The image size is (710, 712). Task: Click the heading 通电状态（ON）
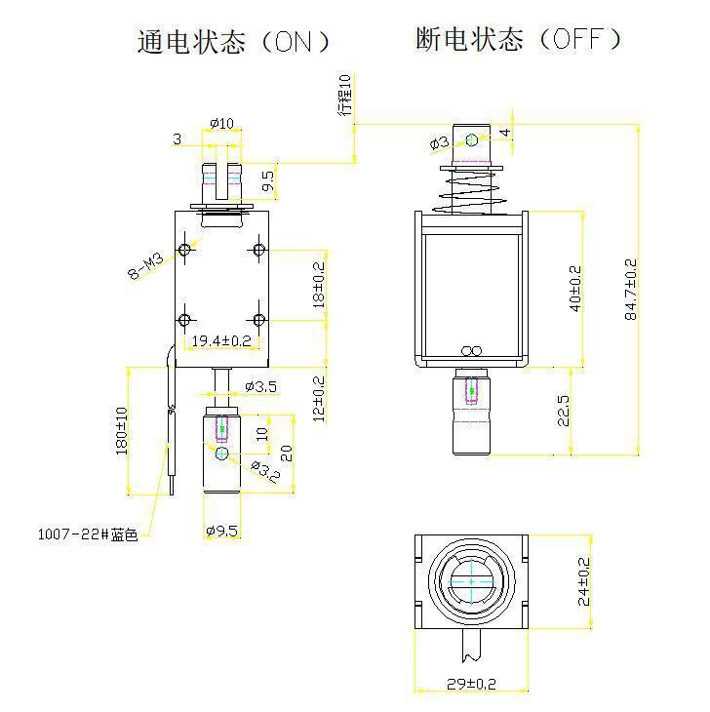[x=234, y=42]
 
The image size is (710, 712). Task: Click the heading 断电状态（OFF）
[x=518, y=39]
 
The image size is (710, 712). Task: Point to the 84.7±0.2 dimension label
[x=631, y=289]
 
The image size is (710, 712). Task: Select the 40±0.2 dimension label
[x=574, y=289]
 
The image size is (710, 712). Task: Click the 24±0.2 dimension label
[x=583, y=581]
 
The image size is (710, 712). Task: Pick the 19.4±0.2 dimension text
[x=220, y=341]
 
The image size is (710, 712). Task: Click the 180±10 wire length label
[x=121, y=430]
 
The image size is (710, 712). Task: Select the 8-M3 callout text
[x=148, y=264]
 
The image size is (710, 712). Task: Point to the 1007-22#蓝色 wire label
[x=87, y=534]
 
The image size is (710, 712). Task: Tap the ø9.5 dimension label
[x=221, y=532]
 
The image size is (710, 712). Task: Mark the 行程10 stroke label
[x=345, y=95]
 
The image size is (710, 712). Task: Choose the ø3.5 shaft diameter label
[x=260, y=386]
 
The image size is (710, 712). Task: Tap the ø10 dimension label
[x=222, y=124]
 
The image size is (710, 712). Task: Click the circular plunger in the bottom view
[x=471, y=581]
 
